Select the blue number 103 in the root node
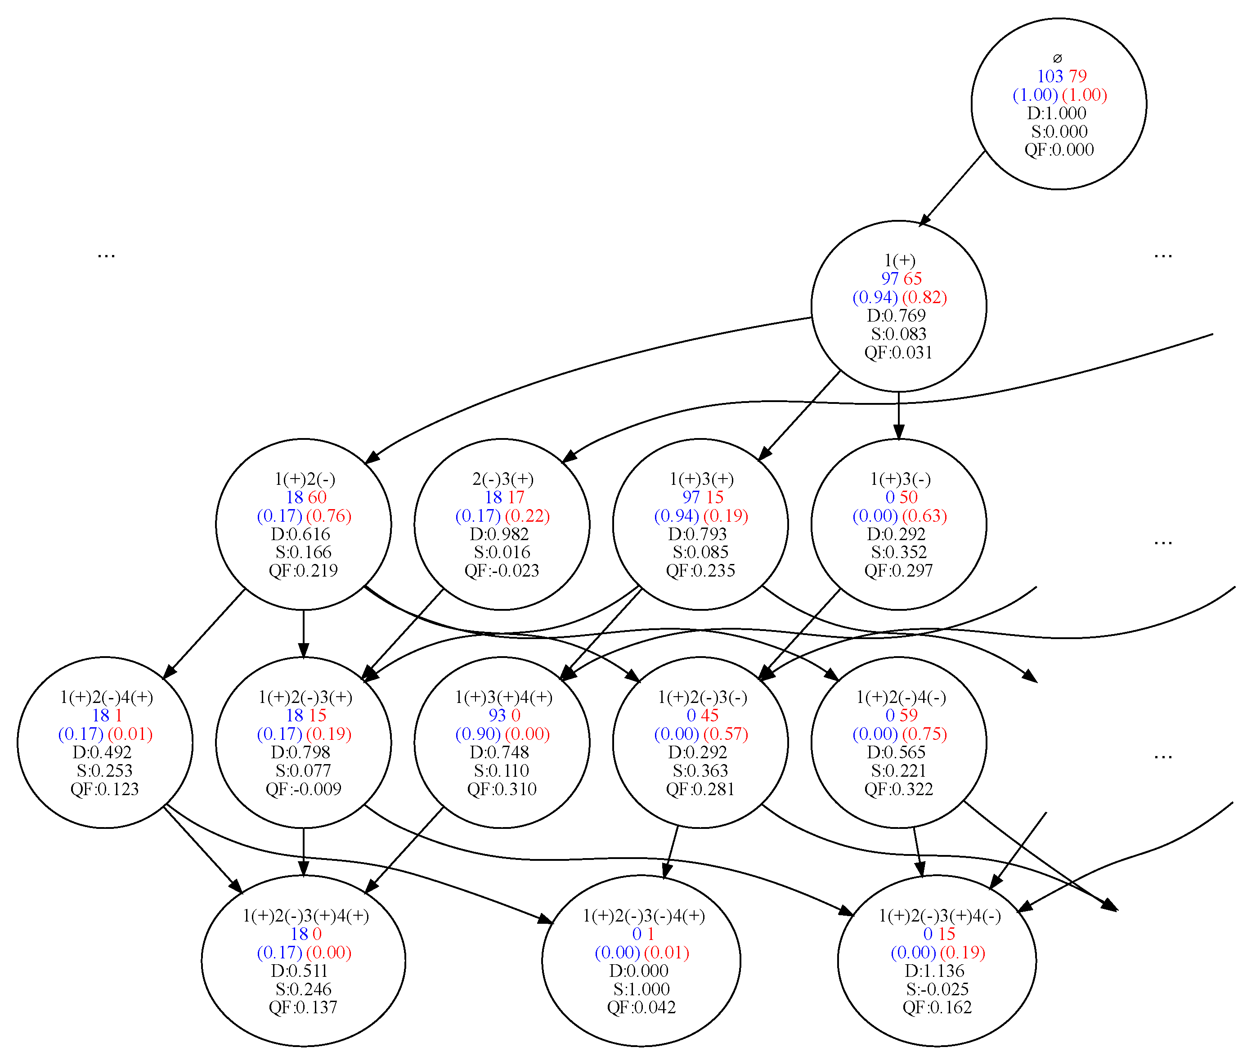click(1050, 76)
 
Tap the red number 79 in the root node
click(1077, 76)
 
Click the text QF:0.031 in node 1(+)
click(899, 353)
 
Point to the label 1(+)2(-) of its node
click(305, 479)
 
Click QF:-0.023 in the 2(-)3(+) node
click(502, 571)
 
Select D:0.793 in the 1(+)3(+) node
click(697, 533)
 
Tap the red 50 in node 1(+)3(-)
click(908, 497)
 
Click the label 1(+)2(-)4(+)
click(107, 697)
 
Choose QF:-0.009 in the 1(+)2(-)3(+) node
click(304, 789)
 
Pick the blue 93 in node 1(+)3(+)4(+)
click(497, 716)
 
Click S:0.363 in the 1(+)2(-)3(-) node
click(700, 770)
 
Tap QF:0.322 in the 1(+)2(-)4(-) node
click(899, 789)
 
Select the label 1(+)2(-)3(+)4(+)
click(306, 915)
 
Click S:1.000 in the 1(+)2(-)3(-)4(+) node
click(641, 989)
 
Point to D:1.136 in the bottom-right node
click(934, 971)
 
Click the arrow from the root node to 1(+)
click(952, 188)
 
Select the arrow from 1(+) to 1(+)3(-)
click(899, 416)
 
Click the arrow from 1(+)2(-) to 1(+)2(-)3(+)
click(304, 633)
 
